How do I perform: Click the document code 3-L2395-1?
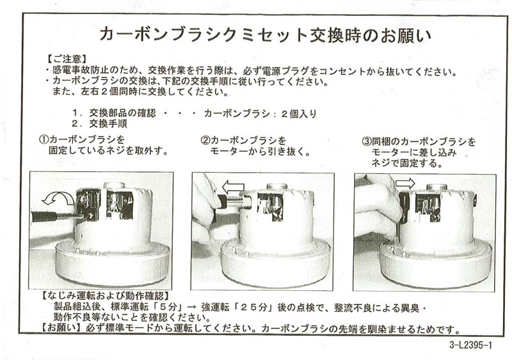tap(470, 345)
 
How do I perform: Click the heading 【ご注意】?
tap(67, 59)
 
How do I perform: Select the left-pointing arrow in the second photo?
tap(233, 187)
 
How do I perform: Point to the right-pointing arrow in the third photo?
tap(405, 183)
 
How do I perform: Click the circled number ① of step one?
tap(44, 139)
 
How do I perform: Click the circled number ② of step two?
tap(205, 140)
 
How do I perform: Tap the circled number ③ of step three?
tap(367, 141)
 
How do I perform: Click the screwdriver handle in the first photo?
tap(44, 216)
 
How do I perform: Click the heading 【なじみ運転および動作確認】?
tap(105, 296)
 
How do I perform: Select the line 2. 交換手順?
tap(99, 123)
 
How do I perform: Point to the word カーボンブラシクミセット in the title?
tap(203, 35)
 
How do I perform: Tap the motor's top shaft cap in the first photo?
tap(115, 185)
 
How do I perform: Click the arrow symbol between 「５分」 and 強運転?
tap(193, 308)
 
